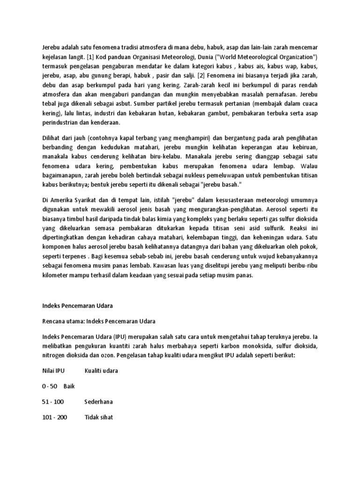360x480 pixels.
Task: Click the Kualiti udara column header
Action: coord(101,371)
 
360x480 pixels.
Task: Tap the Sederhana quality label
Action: coord(98,402)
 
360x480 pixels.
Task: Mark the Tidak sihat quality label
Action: coord(99,417)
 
